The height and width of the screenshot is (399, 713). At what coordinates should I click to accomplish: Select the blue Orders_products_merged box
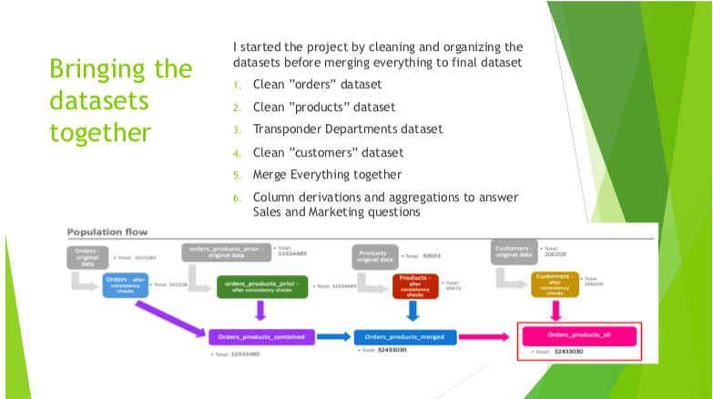click(x=405, y=336)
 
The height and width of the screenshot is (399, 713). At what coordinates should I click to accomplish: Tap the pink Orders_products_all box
click(x=578, y=335)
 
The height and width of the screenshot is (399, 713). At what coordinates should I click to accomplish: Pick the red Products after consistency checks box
click(x=415, y=285)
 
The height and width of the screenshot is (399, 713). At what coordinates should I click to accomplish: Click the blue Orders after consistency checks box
click(x=126, y=284)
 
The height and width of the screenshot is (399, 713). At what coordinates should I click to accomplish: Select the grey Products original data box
click(x=375, y=256)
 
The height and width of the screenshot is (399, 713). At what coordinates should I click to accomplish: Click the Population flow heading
click(x=107, y=232)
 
